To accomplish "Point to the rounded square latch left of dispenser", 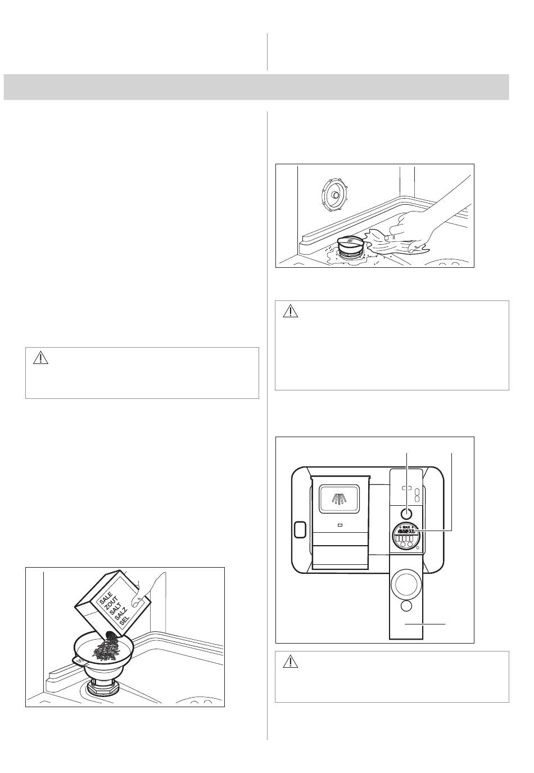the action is [x=300, y=529].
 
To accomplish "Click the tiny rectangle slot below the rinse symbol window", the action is [x=340, y=526].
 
